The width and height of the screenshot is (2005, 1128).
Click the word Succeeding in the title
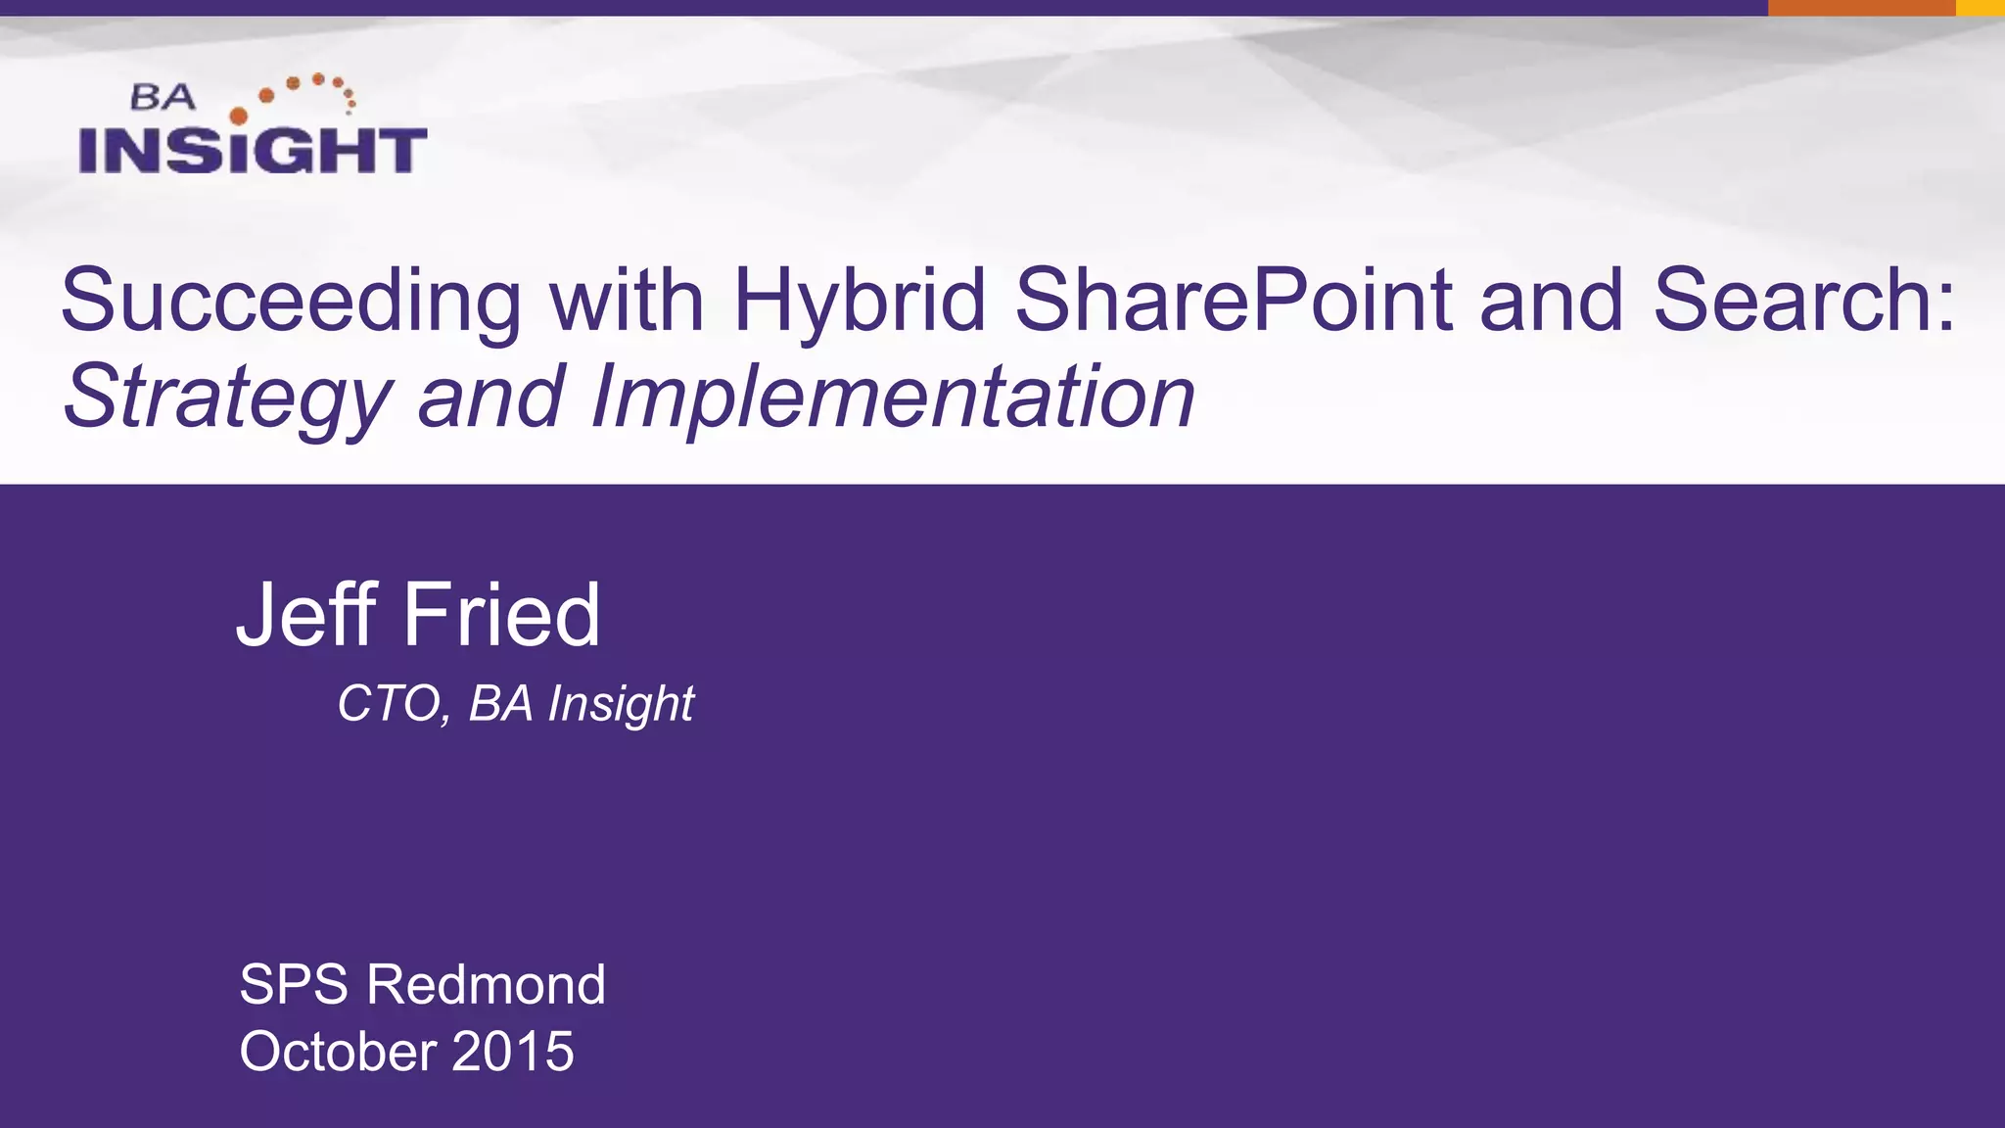click(x=291, y=302)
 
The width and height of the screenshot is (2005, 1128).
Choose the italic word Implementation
click(x=892, y=396)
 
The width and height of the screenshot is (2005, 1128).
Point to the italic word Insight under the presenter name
click(x=621, y=703)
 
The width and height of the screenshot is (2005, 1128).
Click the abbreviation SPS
click(x=294, y=984)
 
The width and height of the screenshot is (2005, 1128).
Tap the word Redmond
click(x=486, y=984)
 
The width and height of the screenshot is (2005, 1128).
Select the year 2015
click(x=513, y=1051)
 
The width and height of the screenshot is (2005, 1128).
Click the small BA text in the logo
click(x=163, y=97)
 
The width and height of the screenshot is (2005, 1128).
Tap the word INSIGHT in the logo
click(x=253, y=151)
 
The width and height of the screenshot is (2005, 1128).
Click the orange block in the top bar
click(x=1861, y=8)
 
